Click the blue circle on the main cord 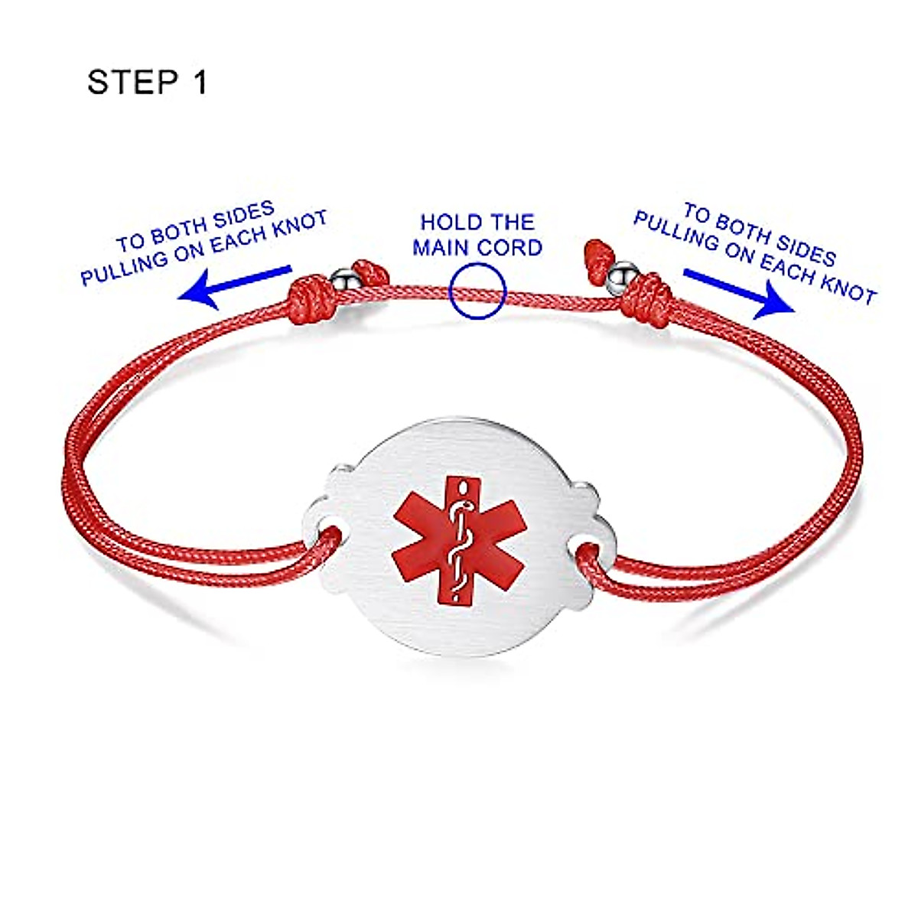pos(478,291)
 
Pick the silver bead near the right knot pos(623,274)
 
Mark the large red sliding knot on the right pos(646,298)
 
